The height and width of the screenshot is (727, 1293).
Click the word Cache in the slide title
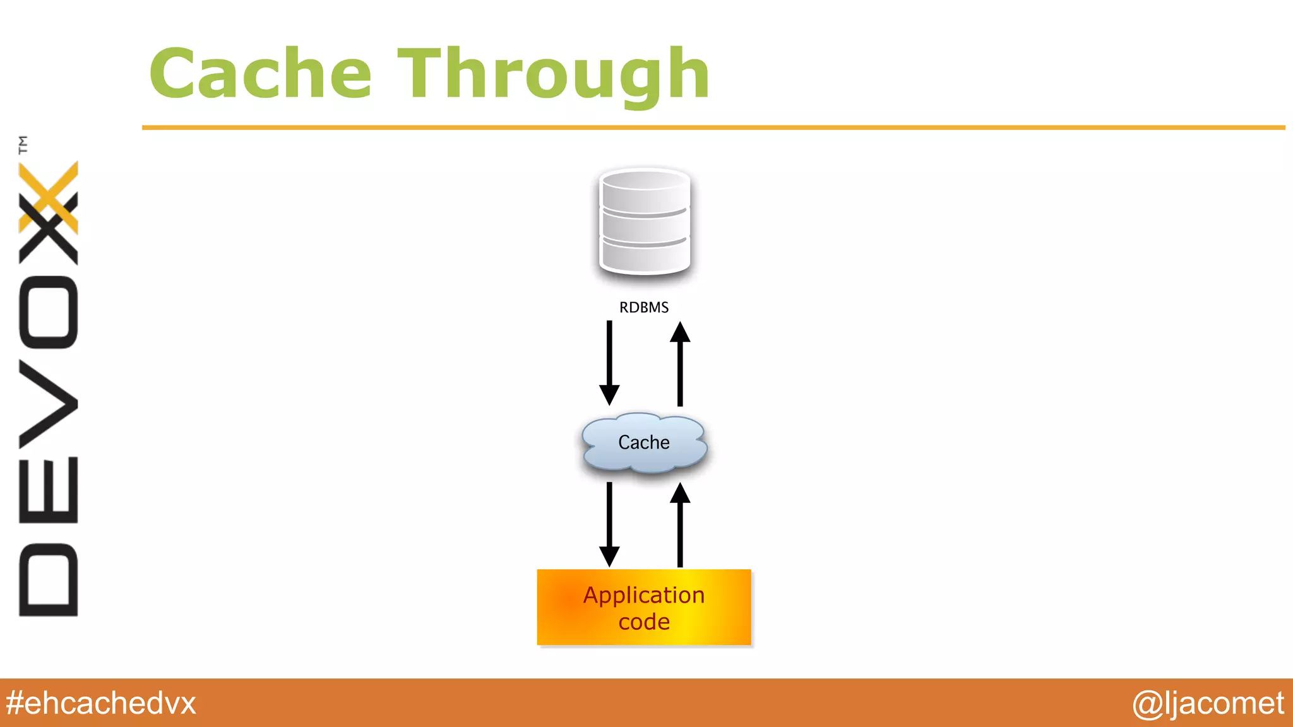point(260,74)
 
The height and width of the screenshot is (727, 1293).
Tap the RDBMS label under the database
point(643,307)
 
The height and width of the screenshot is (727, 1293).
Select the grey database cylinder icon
point(644,222)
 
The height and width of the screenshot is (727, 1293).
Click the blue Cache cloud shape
point(644,442)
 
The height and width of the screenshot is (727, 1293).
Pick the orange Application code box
point(644,607)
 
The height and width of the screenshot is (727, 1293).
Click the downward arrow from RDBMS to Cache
point(609,362)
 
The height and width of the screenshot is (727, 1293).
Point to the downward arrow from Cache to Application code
point(609,524)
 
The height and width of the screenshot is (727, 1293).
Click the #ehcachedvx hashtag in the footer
point(101,703)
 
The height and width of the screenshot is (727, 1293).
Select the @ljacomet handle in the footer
point(1208,703)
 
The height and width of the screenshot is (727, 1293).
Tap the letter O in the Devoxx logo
point(49,312)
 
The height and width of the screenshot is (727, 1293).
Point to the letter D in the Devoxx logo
point(49,579)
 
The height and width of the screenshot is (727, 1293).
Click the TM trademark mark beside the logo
point(23,145)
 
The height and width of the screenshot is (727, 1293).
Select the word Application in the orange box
point(643,595)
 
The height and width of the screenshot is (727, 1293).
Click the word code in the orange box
point(643,622)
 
